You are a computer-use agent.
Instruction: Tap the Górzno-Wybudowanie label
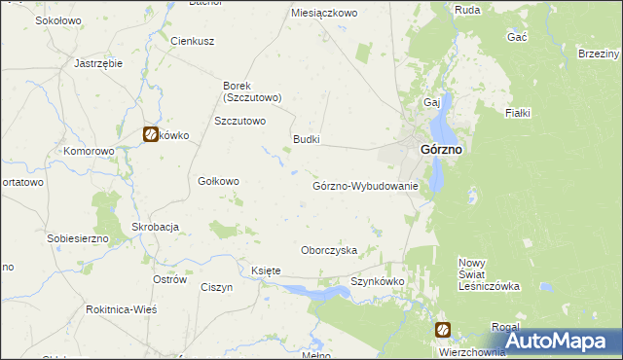coord(365,186)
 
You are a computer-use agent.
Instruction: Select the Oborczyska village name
coord(329,250)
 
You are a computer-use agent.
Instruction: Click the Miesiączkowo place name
coord(325,14)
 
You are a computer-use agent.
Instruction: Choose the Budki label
coord(307,140)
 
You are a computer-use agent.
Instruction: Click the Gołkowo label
coord(218,181)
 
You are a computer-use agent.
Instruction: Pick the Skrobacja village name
coord(156,227)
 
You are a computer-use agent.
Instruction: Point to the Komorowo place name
coord(89,152)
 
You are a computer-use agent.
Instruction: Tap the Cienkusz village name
coord(192,41)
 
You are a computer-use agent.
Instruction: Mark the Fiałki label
coord(517,114)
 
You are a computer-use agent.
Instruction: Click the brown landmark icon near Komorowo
coord(152,135)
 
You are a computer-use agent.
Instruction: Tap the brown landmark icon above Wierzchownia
coord(443,330)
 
